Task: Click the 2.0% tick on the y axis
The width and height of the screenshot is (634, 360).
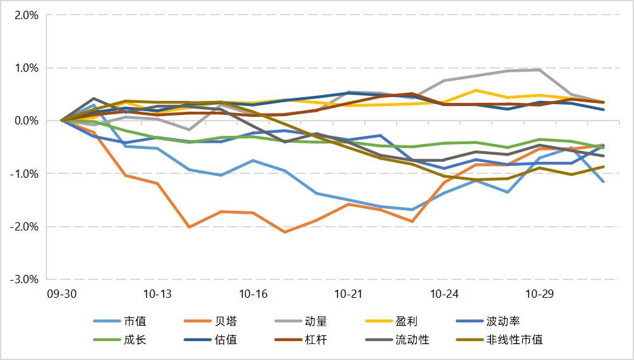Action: pos(25,15)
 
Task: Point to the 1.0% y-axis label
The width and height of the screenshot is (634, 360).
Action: pos(25,68)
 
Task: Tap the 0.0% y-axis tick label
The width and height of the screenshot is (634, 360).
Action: pos(25,121)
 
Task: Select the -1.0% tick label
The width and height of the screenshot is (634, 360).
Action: pos(24,174)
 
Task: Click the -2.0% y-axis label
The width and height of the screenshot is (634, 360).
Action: pos(24,227)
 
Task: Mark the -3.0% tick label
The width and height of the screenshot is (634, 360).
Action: pos(24,279)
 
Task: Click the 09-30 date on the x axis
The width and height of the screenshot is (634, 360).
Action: pos(61,294)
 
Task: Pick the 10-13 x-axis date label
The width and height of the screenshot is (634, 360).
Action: pos(157,294)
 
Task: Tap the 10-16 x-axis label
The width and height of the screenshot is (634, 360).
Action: pos(253,294)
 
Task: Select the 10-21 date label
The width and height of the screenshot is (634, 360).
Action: pos(348,294)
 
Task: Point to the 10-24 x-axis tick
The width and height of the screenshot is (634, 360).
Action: pos(444,294)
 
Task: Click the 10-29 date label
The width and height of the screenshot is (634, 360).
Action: pos(540,294)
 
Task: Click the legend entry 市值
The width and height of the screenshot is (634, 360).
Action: pos(135,321)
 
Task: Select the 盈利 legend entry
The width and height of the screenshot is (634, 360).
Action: pos(407,321)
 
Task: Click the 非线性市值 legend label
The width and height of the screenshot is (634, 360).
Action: pos(515,340)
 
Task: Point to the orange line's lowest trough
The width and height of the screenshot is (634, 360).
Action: pos(285,232)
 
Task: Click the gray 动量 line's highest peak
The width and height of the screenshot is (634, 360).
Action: pos(539,69)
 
